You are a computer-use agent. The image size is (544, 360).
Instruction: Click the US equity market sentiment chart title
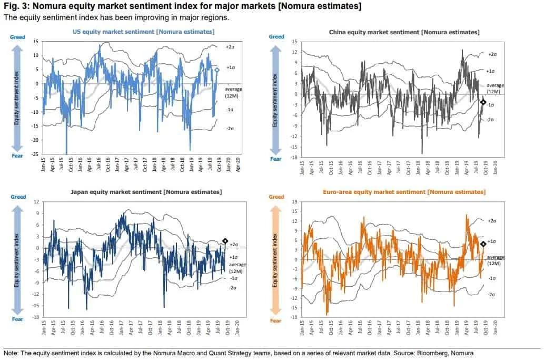coord(143,32)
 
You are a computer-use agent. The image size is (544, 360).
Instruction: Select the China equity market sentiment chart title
coord(404,32)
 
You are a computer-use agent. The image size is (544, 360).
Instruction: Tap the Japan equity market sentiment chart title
coord(146,192)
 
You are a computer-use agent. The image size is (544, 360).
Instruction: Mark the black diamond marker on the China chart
coord(483,102)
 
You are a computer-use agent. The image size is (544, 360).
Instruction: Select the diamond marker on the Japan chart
coord(225,241)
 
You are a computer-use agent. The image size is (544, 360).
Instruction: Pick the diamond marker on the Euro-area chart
coord(483,244)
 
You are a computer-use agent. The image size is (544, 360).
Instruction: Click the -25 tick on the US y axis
coord(35,154)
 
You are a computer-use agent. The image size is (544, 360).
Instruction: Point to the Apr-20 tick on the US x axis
coord(239,166)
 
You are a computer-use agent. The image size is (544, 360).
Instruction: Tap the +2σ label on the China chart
coord(492,54)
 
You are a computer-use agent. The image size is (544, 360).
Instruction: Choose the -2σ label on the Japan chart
coord(233,287)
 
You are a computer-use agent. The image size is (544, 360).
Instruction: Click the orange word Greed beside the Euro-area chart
coord(276,197)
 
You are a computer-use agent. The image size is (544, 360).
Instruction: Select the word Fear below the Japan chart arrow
coord(17,319)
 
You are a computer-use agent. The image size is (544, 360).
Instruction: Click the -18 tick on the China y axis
coord(295,157)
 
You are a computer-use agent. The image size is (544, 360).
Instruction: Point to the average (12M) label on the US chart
coord(237,92)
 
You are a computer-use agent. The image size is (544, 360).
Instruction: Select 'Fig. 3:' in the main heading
coord(16,6)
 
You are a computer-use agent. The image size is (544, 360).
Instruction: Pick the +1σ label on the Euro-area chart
coord(492,241)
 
